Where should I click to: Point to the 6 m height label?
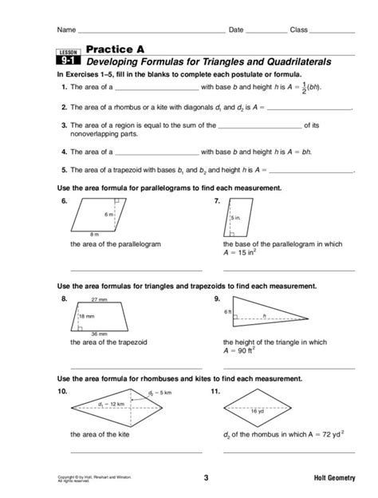pyautogui.click(x=108, y=215)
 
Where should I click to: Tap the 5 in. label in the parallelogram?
pyautogui.click(x=237, y=217)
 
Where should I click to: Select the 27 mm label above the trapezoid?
pyautogui.click(x=100, y=300)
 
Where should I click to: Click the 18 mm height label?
pyautogui.click(x=87, y=317)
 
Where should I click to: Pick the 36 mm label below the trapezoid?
pyautogui.click(x=99, y=333)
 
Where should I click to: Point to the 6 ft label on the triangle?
pyautogui.click(x=227, y=312)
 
